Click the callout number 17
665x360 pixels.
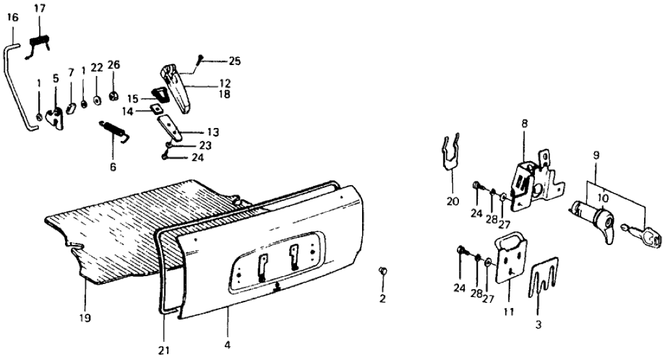(40, 8)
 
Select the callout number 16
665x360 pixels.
(11, 17)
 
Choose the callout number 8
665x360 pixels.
(524, 122)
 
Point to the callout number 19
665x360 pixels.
(85, 318)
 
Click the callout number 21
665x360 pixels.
(164, 350)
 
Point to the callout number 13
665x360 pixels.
(213, 132)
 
